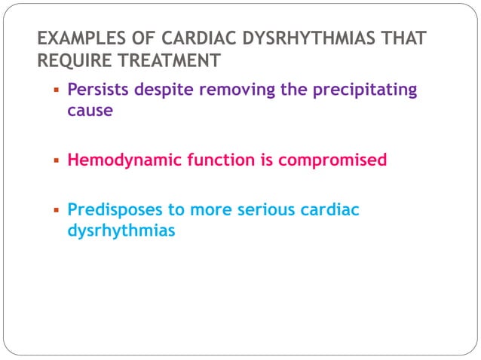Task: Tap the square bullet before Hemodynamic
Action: click(x=57, y=160)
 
